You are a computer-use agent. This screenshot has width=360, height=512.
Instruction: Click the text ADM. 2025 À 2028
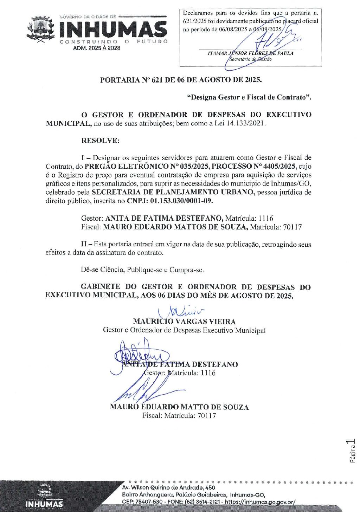point(96,48)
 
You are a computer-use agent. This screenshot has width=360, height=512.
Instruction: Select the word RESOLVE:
point(101,141)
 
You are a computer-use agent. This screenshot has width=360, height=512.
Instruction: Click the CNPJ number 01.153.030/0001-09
point(181,201)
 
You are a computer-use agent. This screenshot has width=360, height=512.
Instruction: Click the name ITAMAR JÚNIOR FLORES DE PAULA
point(250,53)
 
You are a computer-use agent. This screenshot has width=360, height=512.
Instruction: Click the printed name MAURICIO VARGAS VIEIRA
point(184,322)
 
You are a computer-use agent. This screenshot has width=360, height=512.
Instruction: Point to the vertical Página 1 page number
point(352,451)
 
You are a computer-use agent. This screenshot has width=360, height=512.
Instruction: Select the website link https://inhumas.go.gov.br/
point(260,502)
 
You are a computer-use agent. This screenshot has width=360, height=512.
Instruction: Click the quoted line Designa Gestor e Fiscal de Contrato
point(249,97)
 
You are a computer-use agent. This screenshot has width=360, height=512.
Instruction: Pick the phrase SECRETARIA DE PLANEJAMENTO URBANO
point(173,192)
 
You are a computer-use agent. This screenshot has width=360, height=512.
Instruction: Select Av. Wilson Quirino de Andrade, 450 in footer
point(168,488)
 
